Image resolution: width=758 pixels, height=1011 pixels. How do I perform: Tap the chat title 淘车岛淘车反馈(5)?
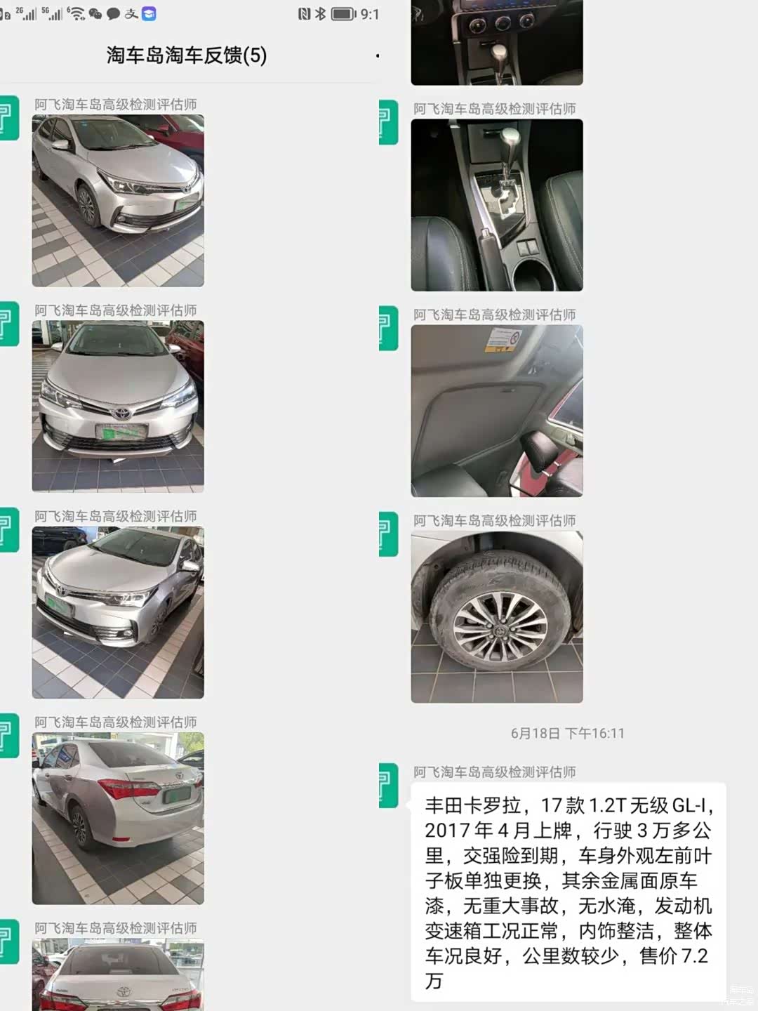tap(187, 55)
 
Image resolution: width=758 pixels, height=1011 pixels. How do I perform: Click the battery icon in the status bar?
tap(344, 14)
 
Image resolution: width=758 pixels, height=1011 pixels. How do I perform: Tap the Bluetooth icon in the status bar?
tap(320, 14)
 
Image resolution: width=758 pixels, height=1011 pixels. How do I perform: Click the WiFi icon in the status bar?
tap(76, 14)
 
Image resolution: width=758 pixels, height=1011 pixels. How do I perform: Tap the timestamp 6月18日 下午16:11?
tap(568, 733)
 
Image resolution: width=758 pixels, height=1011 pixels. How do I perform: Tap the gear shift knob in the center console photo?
tap(511, 138)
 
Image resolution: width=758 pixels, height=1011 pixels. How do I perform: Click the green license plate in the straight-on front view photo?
tap(121, 432)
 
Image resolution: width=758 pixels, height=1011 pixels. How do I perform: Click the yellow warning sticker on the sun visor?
tap(503, 340)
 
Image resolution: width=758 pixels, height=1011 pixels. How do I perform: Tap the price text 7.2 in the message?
tap(694, 956)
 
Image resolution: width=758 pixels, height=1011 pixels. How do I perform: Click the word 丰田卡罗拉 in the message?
tap(472, 805)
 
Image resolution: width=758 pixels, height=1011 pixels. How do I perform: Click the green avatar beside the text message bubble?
tap(388, 786)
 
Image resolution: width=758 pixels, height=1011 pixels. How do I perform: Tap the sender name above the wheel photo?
tap(494, 520)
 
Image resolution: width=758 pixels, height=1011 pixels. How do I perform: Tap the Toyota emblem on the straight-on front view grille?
tap(121, 413)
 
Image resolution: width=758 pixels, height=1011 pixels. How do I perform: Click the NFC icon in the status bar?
tap(304, 14)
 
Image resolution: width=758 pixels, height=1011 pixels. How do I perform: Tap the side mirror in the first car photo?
tap(60, 145)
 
